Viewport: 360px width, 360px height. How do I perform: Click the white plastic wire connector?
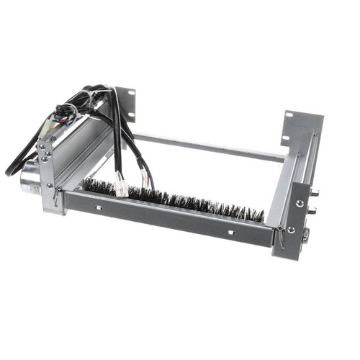click(x=121, y=189)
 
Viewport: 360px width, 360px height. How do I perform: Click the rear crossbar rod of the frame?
click(x=209, y=147)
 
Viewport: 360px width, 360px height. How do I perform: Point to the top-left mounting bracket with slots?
click(x=125, y=105)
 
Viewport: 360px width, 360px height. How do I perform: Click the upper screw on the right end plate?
click(x=298, y=203)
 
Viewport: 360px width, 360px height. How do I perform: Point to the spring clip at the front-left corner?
click(x=58, y=193)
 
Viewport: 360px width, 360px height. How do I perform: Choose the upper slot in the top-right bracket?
click(x=289, y=116)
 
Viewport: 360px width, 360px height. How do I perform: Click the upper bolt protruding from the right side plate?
click(x=315, y=193)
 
